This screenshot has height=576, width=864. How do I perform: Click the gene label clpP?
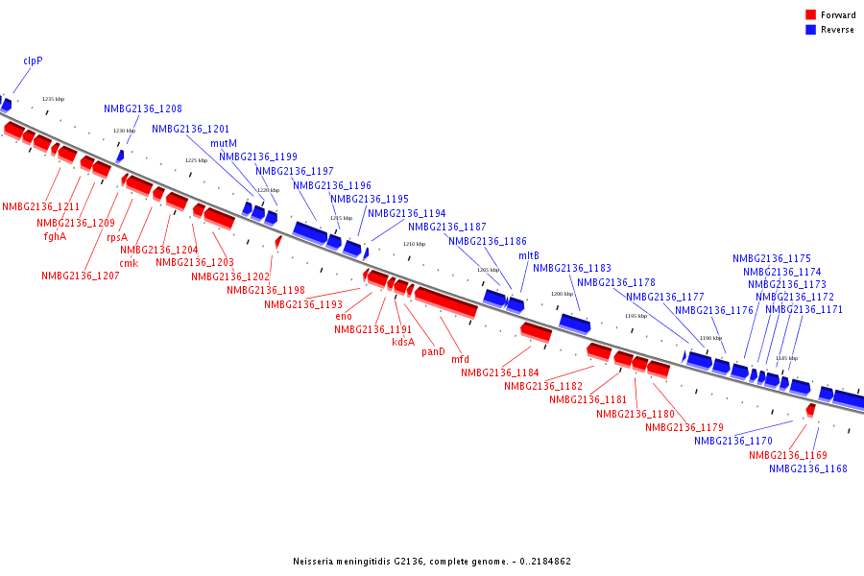(33, 60)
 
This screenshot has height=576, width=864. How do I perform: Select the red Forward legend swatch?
(810, 15)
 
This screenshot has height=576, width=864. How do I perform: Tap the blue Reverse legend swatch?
(810, 30)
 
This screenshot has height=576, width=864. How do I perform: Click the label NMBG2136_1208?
(143, 109)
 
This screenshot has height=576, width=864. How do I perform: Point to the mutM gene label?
(224, 143)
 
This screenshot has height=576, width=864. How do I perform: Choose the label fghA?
(55, 236)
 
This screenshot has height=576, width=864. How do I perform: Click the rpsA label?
(117, 237)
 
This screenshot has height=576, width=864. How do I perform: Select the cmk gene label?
(129, 263)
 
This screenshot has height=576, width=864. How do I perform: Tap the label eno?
(344, 316)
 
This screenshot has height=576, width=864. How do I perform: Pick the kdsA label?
(403, 342)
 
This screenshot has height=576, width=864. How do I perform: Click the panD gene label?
(434, 351)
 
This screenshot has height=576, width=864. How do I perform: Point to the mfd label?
(460, 360)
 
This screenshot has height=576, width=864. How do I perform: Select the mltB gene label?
(529, 255)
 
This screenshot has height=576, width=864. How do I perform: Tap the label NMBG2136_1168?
(808, 468)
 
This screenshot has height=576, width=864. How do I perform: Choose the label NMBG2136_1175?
(772, 258)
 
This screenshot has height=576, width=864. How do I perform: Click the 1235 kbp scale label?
(54, 99)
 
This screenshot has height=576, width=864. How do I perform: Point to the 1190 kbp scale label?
(710, 338)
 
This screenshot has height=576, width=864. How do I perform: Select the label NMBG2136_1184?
(500, 372)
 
